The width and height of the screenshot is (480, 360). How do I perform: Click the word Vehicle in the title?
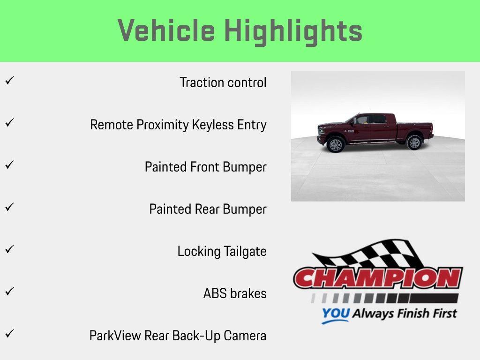166,31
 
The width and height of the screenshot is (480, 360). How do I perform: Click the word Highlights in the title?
293,31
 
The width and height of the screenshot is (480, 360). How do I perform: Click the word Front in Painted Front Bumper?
205,167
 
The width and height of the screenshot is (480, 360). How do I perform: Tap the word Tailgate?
245,251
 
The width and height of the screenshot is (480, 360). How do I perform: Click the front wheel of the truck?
336,144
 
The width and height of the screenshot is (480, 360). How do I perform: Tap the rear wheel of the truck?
414,142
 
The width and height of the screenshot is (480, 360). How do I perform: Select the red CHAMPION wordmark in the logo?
378,278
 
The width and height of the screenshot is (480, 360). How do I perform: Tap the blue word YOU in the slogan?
335,314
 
